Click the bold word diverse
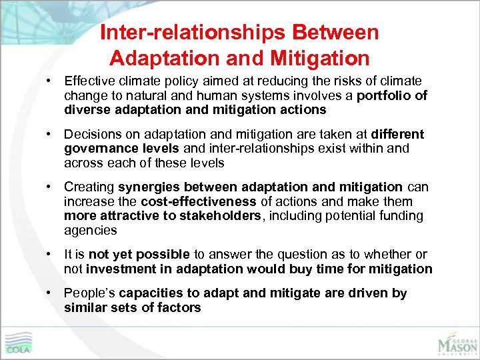85,109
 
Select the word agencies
90,230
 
